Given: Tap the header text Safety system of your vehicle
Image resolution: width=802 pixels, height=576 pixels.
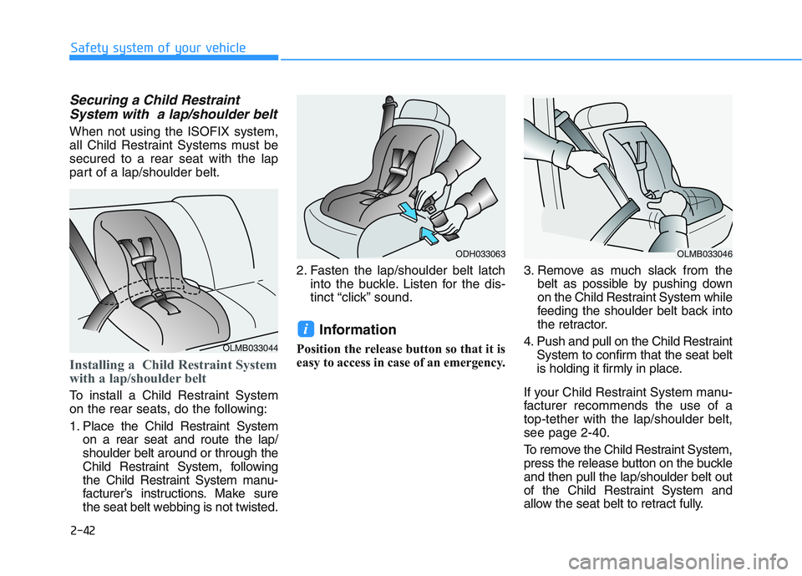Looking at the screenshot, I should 158,47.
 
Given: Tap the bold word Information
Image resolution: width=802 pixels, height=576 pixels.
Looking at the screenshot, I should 358,329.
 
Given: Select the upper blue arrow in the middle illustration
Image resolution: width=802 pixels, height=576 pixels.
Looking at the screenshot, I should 405,210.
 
